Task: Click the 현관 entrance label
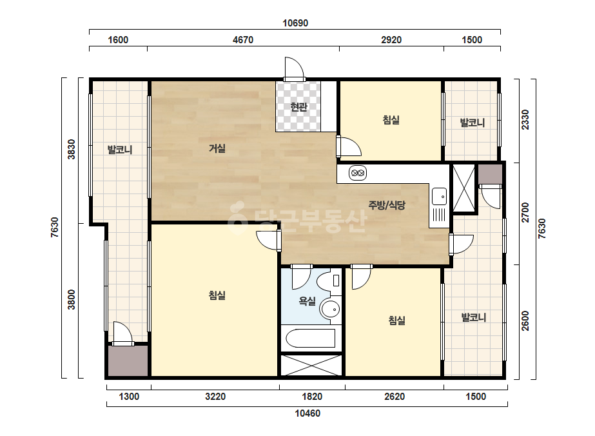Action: click(x=298, y=107)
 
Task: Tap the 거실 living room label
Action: click(x=217, y=148)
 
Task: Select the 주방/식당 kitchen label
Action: click(x=387, y=205)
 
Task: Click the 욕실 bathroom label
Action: click(x=307, y=301)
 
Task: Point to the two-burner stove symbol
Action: click(x=357, y=173)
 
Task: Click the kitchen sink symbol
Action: click(x=440, y=196)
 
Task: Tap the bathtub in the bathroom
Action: click(x=311, y=339)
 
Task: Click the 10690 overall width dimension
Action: click(x=295, y=23)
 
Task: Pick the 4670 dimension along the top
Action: click(x=243, y=40)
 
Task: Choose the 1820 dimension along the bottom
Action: click(x=312, y=397)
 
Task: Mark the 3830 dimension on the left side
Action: click(x=72, y=149)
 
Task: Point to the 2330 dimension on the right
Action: click(x=525, y=119)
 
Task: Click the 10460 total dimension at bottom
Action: click(x=307, y=413)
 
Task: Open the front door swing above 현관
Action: click(x=295, y=68)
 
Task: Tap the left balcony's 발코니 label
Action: click(x=120, y=150)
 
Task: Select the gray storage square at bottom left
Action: click(x=128, y=361)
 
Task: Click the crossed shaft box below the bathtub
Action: click(x=311, y=365)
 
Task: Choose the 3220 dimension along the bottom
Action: click(x=215, y=397)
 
